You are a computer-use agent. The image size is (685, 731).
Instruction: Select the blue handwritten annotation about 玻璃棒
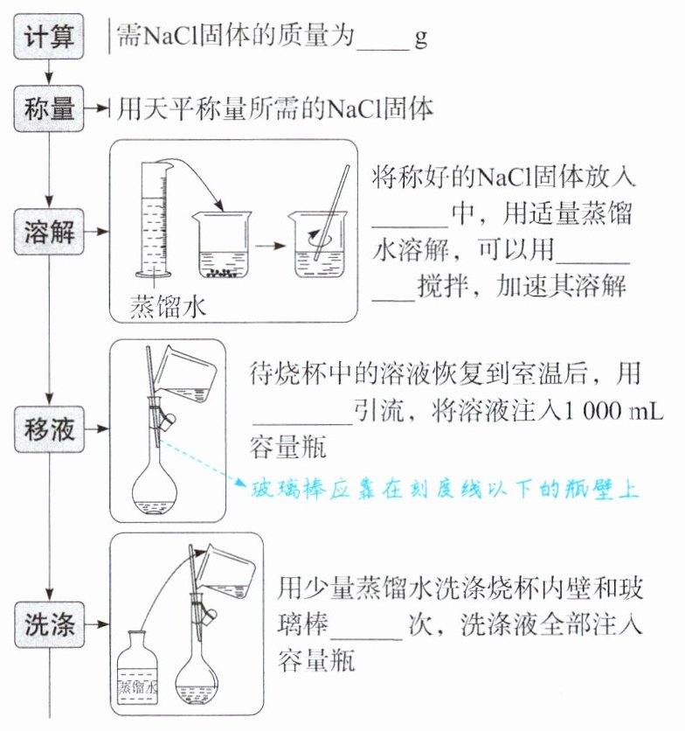(x=446, y=489)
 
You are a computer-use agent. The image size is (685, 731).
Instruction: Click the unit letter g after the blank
(x=420, y=39)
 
